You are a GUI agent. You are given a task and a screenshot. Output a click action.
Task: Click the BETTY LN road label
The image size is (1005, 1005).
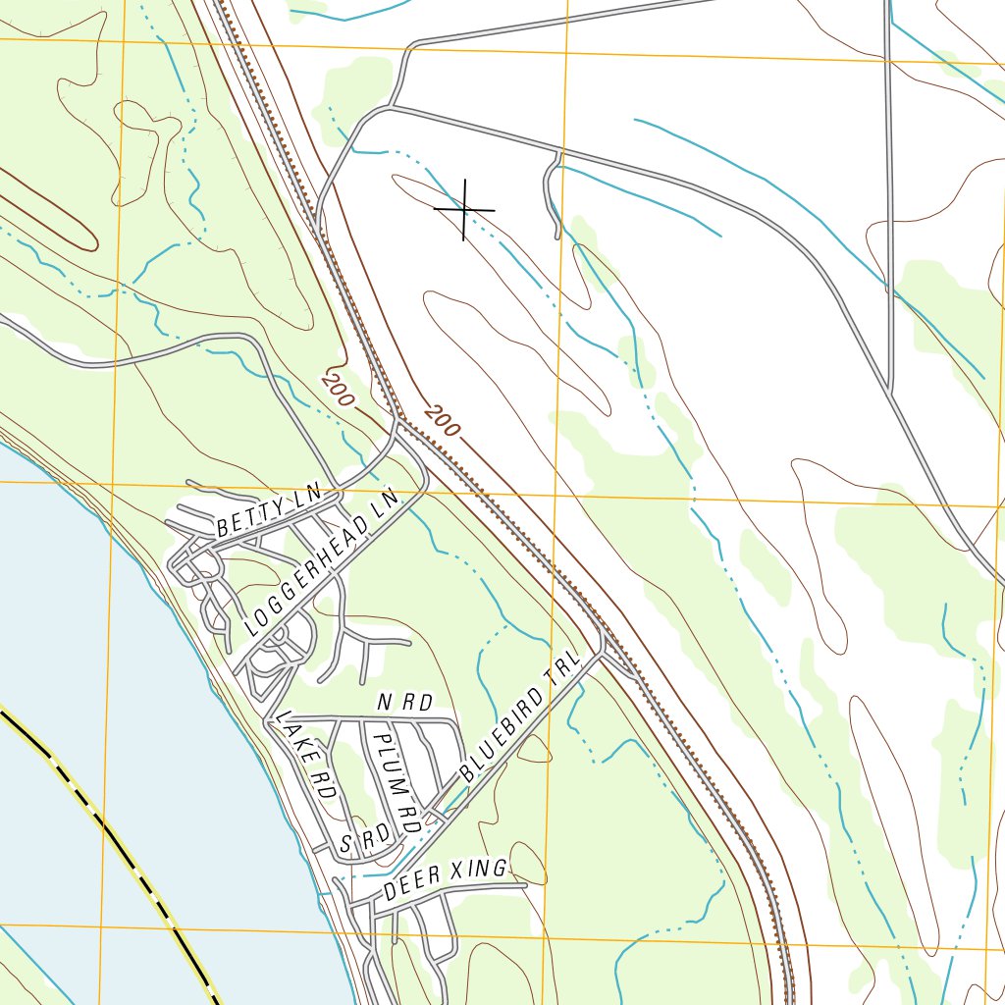[268, 514]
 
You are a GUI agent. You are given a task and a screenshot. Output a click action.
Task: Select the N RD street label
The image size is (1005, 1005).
[404, 703]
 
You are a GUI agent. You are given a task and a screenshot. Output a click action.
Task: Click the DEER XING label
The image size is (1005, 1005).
[446, 879]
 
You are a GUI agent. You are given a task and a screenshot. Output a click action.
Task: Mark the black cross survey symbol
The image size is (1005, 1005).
[464, 209]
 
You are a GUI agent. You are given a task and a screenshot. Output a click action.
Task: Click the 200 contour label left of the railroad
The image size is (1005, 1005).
[337, 390]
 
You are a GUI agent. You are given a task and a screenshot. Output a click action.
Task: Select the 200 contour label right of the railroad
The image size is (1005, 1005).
[443, 420]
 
